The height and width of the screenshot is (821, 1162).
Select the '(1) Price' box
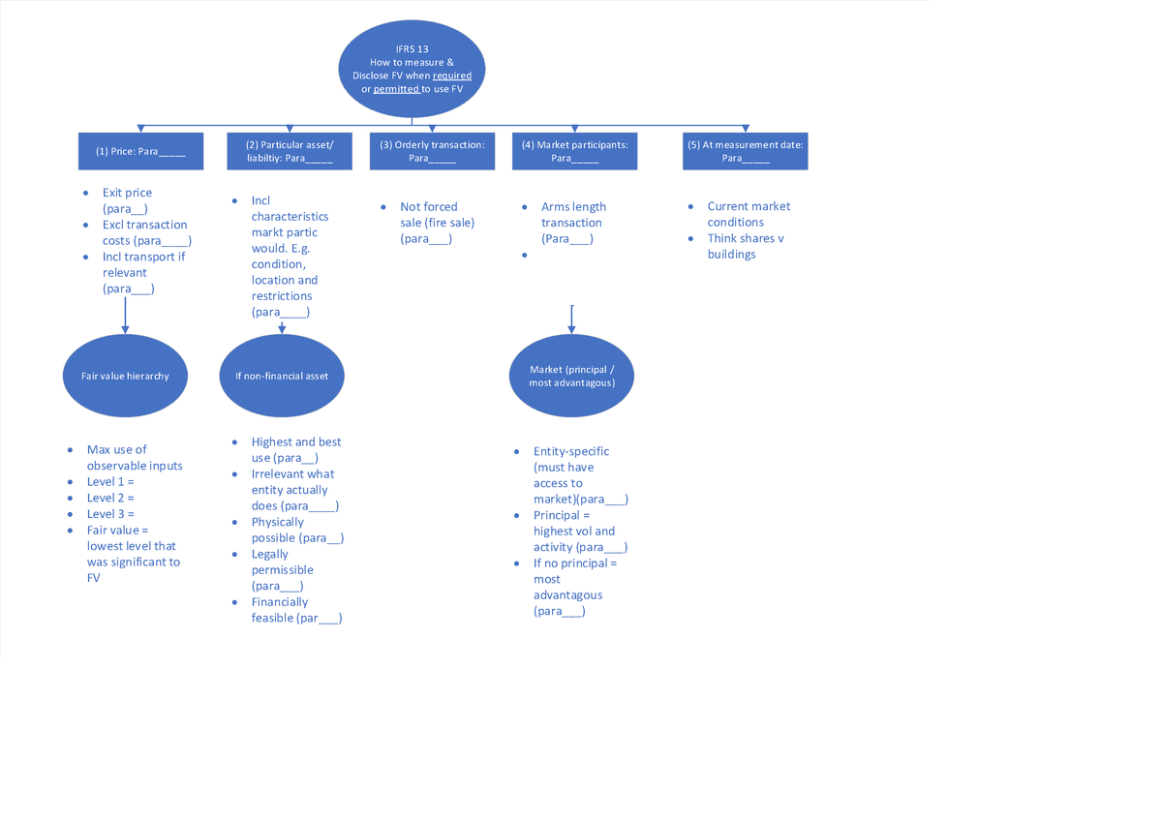pos(140,151)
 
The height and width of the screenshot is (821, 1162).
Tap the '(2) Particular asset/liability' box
pos(282,151)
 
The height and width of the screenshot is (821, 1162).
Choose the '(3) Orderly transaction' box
pos(432,151)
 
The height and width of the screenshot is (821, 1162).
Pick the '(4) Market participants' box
pos(574,151)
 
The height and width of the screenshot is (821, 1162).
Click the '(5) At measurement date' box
pos(745,151)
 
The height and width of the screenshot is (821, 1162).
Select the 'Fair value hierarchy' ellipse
pos(125,376)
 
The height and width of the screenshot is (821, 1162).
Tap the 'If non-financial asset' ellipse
pos(282,376)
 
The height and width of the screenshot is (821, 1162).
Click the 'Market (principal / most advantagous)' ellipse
pos(571,376)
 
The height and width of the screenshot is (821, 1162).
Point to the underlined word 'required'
pos(452,76)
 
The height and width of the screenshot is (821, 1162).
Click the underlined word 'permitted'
pos(396,89)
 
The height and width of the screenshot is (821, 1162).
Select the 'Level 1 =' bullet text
pos(110,481)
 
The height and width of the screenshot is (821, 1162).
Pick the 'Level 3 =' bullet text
pos(110,513)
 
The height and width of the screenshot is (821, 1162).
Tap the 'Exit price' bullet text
pos(127,193)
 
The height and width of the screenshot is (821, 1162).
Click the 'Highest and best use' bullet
pos(295,449)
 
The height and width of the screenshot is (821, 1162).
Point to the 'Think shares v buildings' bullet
pos(745,246)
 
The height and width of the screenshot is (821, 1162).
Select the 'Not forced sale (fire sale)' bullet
pos(437,222)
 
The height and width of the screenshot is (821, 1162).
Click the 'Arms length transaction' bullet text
pos(573,222)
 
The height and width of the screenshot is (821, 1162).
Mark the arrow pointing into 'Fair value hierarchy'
pos(125,317)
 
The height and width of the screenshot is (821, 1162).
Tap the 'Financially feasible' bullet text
pos(295,610)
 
